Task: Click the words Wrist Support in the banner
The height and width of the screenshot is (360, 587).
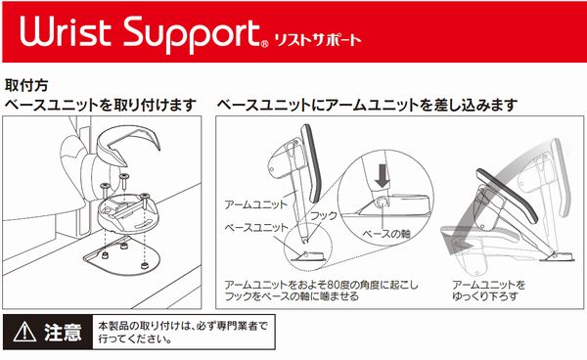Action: tap(140, 34)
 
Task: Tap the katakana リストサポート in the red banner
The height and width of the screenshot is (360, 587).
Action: tap(318, 40)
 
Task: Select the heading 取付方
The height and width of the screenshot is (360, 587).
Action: tap(26, 85)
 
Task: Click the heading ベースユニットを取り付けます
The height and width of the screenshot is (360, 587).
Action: tap(101, 105)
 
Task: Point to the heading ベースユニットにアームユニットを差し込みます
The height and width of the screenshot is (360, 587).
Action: tap(367, 105)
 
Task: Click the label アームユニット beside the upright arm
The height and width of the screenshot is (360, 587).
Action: tap(255, 204)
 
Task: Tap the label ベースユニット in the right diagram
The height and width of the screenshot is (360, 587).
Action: tap(256, 228)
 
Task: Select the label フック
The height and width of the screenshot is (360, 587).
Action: tap(324, 215)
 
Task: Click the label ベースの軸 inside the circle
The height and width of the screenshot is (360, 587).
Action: tap(386, 234)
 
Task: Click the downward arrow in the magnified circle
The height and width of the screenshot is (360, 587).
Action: tap(383, 176)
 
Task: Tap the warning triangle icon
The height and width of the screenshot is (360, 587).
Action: tap(24, 332)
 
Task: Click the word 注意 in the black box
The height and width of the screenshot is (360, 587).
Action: tap(63, 332)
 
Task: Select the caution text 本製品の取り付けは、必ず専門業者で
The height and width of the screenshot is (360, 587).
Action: tap(183, 326)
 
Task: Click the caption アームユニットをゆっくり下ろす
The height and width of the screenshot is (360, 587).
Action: tap(489, 291)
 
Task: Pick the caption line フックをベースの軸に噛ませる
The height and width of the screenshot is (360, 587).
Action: tap(292, 296)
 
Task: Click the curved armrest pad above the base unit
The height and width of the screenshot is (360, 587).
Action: tap(127, 144)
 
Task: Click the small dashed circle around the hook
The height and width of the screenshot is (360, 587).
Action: tap(308, 248)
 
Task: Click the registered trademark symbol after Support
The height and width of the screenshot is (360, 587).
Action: tap(264, 44)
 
